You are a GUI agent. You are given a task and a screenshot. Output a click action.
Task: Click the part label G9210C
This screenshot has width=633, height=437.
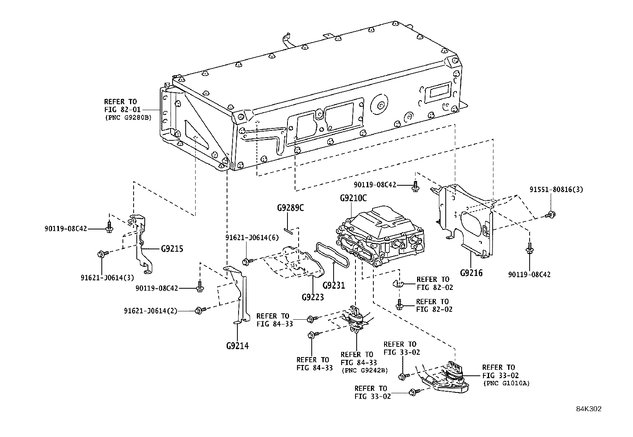click(353, 198)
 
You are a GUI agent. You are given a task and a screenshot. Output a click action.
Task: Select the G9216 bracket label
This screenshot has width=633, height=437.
click(471, 273)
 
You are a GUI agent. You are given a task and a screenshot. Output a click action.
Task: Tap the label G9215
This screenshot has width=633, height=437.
click(172, 249)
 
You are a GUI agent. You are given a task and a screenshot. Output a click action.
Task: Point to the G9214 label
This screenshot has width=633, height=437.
click(237, 346)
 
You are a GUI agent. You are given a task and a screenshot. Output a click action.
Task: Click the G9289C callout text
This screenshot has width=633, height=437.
click(290, 208)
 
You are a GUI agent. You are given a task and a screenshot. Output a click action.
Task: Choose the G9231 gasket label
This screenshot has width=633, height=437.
click(334, 285)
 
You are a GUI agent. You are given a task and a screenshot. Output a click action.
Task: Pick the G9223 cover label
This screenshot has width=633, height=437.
click(313, 297)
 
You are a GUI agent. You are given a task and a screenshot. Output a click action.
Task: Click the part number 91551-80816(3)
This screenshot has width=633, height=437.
click(556, 190)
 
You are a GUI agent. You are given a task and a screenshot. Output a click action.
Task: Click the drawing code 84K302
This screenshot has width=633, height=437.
click(589, 409)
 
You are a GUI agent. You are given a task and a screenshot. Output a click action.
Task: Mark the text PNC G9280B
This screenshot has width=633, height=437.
click(128, 117)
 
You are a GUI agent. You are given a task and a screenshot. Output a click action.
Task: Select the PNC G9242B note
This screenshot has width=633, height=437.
click(364, 370)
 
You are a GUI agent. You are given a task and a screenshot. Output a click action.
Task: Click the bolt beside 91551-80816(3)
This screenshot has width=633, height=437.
click(550, 215)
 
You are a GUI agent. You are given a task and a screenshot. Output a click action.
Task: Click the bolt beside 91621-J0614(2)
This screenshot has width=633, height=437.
click(200, 310)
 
